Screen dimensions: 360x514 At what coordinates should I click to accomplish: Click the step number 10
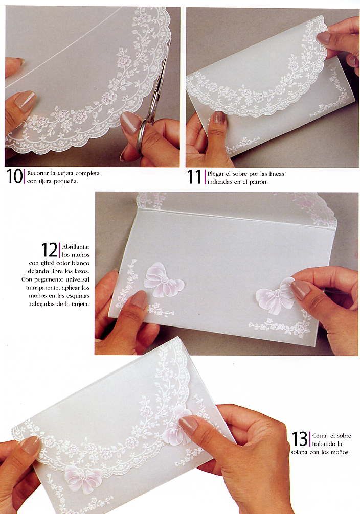point(15,176)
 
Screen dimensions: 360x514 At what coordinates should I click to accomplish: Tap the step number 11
point(194,177)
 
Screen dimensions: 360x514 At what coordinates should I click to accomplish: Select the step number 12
point(50,250)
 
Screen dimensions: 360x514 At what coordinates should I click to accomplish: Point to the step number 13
point(300,439)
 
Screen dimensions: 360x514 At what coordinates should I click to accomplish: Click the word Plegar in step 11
point(215,174)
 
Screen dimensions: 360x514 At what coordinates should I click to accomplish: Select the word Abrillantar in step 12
point(76,247)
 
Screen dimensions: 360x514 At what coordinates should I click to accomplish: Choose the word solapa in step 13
point(299,452)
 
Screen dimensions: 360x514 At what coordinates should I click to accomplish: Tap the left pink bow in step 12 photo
point(163,280)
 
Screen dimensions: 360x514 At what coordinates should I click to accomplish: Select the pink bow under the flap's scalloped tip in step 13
point(84,479)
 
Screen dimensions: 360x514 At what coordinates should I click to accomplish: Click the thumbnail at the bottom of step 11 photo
point(218,118)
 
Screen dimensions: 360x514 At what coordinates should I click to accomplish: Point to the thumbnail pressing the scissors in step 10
point(130,122)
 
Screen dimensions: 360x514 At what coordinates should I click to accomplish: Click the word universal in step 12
point(77,279)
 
